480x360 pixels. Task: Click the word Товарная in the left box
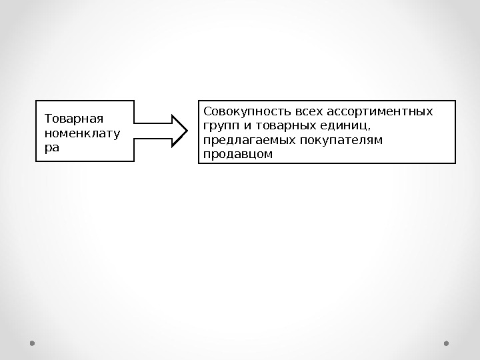[73, 119]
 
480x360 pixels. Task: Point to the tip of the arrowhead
[188, 130]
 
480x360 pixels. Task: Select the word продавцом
[238, 154]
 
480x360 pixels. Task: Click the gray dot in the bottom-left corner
[32, 343]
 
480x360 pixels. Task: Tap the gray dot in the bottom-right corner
[447, 343]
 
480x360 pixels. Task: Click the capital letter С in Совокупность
[207, 111]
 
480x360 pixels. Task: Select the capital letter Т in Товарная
[47, 119]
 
